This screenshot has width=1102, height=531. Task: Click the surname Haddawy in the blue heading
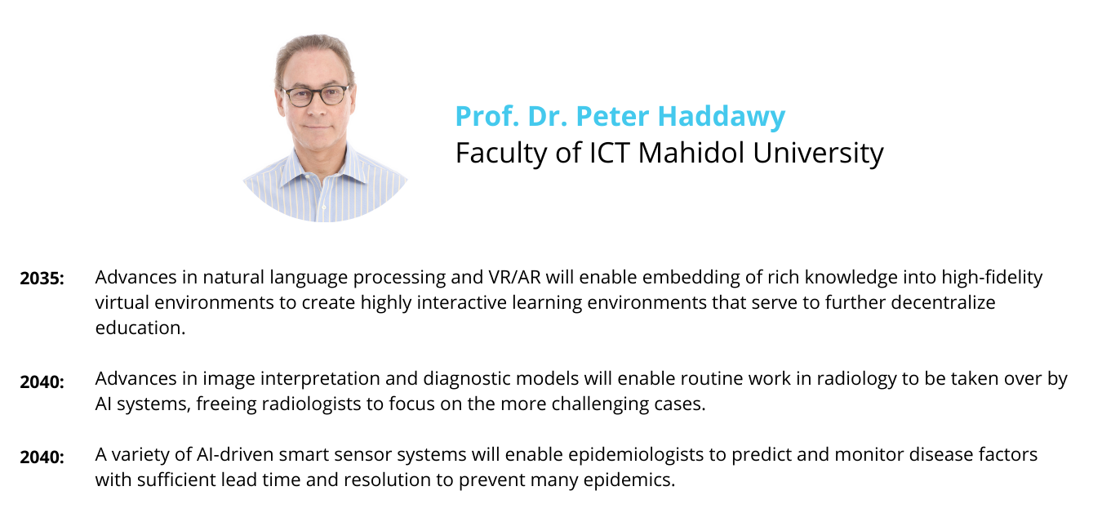coord(722,117)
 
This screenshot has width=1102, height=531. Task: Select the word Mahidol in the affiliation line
coord(691,153)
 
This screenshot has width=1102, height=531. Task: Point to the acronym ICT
coord(610,153)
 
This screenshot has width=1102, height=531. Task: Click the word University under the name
coord(818,154)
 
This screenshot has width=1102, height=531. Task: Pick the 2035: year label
coord(42,279)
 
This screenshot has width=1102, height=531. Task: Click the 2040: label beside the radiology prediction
coord(42,382)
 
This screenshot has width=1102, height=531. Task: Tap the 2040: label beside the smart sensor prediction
coord(42,457)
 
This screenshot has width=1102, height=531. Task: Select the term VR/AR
coord(514,278)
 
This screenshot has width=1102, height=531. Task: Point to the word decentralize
coord(943,302)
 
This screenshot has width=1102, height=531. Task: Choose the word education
coord(140,328)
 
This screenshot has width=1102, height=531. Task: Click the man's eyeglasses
coord(315,96)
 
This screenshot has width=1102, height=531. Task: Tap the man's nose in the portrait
coord(316,109)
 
